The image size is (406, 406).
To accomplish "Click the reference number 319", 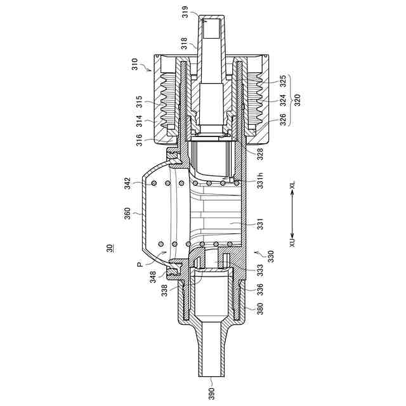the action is (185, 11).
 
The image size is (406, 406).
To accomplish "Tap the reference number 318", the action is (184, 43).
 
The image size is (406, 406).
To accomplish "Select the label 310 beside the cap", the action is (134, 64).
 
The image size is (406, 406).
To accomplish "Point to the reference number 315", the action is (140, 101).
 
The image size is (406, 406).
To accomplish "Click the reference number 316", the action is (140, 140).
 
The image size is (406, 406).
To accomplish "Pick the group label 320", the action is (298, 100).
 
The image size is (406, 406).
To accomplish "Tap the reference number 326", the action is (283, 120).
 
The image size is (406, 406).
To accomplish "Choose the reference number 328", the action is (260, 154).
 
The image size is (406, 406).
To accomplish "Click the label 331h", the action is (260, 180).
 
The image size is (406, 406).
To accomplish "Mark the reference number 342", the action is (128, 183).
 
